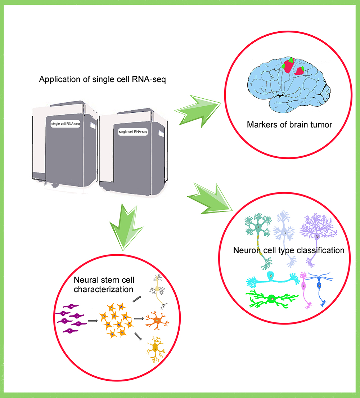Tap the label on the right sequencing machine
133,132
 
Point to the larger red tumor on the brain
288,66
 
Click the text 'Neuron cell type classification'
288,250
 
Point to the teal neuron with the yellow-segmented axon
258,231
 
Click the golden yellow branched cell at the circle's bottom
156,348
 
